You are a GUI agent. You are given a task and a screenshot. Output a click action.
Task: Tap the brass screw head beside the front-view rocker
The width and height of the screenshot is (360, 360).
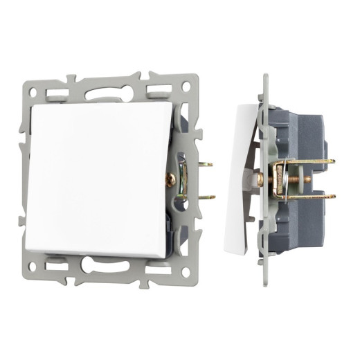[170, 180]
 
